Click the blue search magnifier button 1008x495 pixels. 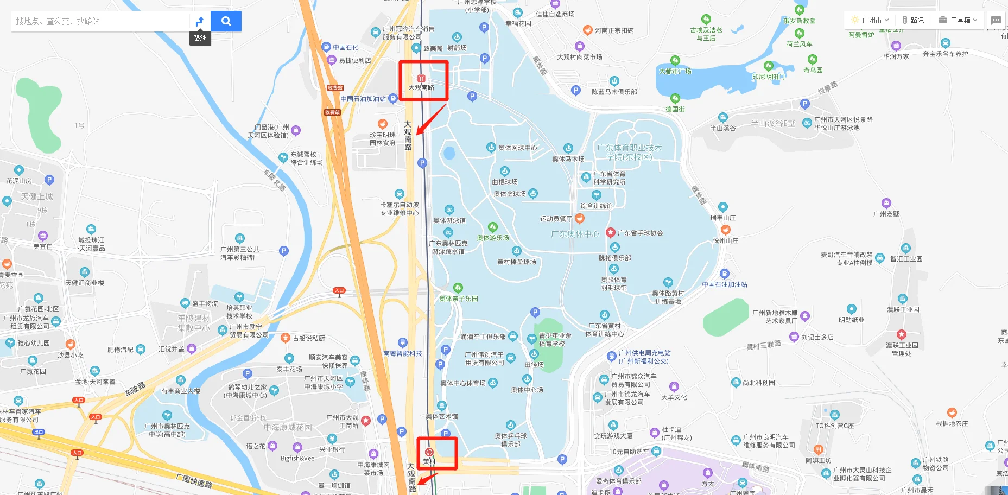tap(226, 21)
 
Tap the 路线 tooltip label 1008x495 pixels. tap(200, 38)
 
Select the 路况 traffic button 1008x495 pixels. tap(914, 20)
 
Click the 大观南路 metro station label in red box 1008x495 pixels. tap(421, 87)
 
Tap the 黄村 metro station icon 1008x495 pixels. tap(429, 452)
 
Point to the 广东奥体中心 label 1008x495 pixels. tap(575, 234)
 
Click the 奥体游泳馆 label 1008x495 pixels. tap(449, 220)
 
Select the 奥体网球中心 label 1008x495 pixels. tap(517, 148)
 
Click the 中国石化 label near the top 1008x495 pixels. tap(345, 47)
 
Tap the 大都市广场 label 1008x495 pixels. tap(675, 71)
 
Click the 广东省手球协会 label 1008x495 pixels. tap(640, 233)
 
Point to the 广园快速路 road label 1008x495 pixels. tap(194, 480)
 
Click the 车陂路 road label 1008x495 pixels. tap(135, 389)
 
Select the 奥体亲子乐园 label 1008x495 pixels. tap(459, 299)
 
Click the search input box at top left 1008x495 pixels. tap(100, 21)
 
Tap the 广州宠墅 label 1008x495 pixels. tap(886, 214)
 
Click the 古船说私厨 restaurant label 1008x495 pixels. tap(308, 338)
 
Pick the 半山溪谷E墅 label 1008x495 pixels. tap(773, 123)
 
